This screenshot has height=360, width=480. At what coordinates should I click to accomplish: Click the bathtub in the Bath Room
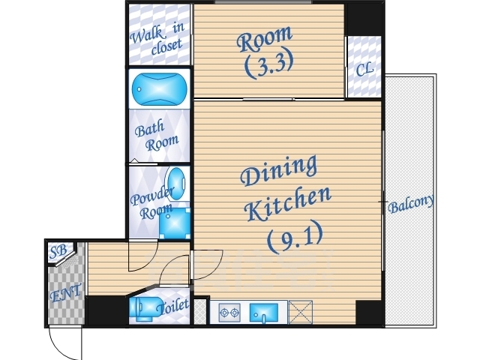click(x=159, y=89)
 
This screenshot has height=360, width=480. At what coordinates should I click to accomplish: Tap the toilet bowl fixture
click(x=145, y=308)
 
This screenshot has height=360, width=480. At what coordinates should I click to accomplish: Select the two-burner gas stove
click(x=229, y=313)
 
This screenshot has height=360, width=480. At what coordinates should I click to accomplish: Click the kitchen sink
click(x=264, y=313)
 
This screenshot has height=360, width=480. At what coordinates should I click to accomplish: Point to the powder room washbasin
click(x=175, y=184)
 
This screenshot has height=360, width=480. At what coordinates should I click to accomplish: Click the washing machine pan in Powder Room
click(x=175, y=223)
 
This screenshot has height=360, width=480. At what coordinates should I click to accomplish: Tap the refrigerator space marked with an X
click(x=300, y=312)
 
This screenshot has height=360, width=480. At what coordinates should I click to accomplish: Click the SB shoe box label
click(x=58, y=251)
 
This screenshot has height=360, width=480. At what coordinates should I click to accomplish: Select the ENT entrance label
click(x=66, y=292)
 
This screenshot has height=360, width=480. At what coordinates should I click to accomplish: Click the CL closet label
click(x=364, y=69)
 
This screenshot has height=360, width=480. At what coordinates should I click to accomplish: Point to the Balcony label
click(x=411, y=203)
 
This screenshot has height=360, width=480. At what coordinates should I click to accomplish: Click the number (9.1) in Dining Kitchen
click(x=295, y=236)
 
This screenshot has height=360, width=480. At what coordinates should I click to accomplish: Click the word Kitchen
click(x=288, y=203)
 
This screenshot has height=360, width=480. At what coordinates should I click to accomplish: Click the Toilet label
click(x=172, y=306)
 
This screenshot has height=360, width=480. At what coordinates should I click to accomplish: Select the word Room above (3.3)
click(x=265, y=38)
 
